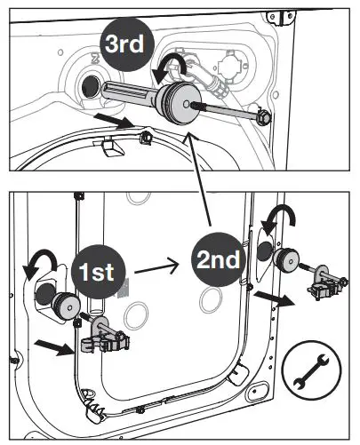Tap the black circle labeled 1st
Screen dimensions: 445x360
105,271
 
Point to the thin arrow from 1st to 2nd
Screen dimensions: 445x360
161,264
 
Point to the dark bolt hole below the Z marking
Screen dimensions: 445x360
89,86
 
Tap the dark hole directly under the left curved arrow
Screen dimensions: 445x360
45,294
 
